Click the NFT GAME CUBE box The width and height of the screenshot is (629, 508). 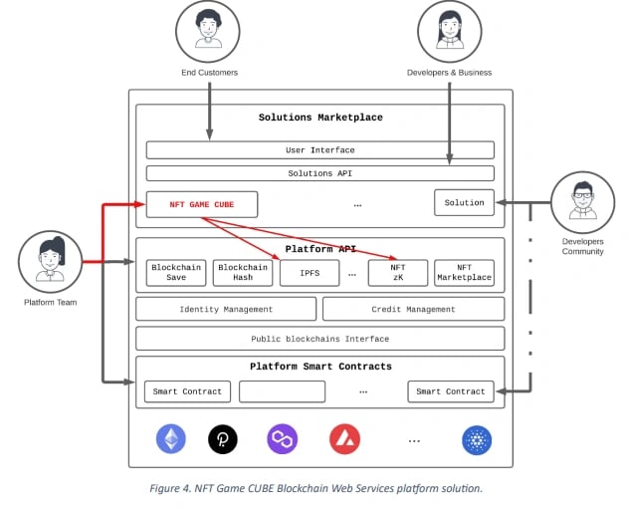[202, 204]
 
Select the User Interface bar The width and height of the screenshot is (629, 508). [320, 150]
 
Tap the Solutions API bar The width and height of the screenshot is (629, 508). [320, 173]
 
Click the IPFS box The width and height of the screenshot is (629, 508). [310, 273]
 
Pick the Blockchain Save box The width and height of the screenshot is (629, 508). [176, 273]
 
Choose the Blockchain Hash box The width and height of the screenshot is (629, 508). [243, 273]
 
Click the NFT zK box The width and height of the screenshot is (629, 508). [398, 273]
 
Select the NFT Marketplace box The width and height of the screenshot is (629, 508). [464, 273]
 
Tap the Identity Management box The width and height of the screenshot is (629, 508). [226, 309]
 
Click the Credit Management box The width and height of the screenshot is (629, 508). [414, 309]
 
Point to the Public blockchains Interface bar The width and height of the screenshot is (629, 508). [320, 339]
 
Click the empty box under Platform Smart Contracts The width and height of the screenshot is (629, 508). [282, 391]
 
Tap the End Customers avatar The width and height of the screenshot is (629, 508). [208, 31]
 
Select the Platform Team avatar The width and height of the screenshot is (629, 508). [51, 261]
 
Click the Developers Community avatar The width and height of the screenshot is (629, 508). [583, 202]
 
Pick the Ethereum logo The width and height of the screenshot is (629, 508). [171, 439]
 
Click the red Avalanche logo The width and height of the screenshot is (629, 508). [345, 439]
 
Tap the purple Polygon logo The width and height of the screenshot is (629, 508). [283, 439]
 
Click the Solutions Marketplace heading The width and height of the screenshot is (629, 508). [320, 118]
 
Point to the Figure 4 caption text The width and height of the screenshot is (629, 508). [316, 488]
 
